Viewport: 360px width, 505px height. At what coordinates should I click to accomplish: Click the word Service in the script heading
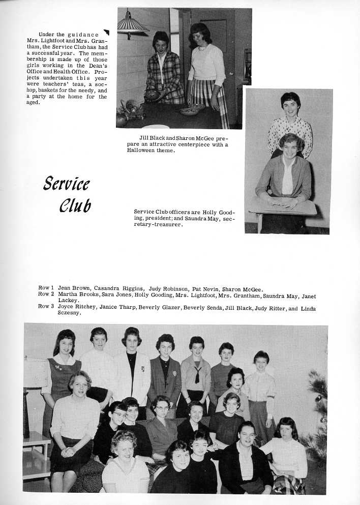pos(67,183)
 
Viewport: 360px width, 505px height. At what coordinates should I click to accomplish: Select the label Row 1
pos(46,288)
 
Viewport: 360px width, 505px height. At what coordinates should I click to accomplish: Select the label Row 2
pos(46,294)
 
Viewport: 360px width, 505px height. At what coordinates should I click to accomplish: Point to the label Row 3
pos(46,307)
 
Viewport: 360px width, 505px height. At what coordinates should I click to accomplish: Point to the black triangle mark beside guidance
pos(106,33)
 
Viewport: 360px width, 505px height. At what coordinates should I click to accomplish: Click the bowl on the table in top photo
pos(191,110)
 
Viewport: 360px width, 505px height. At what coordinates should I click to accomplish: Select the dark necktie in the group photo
pos(197,374)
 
